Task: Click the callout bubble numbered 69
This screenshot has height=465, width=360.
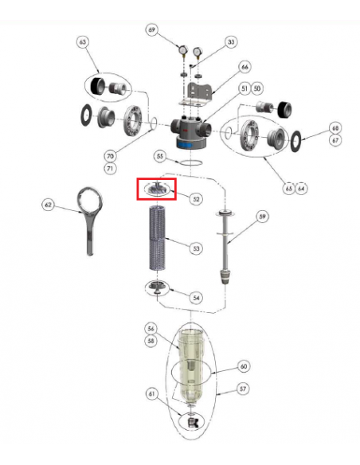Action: pos(151,29)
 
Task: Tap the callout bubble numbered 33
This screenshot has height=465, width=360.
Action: pos(231,42)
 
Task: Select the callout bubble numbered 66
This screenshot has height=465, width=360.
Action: pos(245,67)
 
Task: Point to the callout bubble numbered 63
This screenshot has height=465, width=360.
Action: pos(83,42)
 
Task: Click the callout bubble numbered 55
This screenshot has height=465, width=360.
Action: pos(160,156)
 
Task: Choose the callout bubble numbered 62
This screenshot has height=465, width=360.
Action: pos(48,205)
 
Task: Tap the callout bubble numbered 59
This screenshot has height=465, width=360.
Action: pos(262,217)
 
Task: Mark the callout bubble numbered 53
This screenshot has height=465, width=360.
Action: pos(196,248)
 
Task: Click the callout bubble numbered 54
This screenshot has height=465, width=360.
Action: pos(196,298)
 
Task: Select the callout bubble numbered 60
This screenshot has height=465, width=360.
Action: pos(244,366)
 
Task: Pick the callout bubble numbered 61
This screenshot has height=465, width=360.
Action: pos(151,394)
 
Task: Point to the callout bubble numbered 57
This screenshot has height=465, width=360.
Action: pos(243,389)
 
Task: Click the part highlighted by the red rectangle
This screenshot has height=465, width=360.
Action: pos(157,189)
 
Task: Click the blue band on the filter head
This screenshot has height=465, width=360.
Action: pos(190,145)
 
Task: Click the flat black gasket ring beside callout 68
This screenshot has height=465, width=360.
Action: pos(295,141)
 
